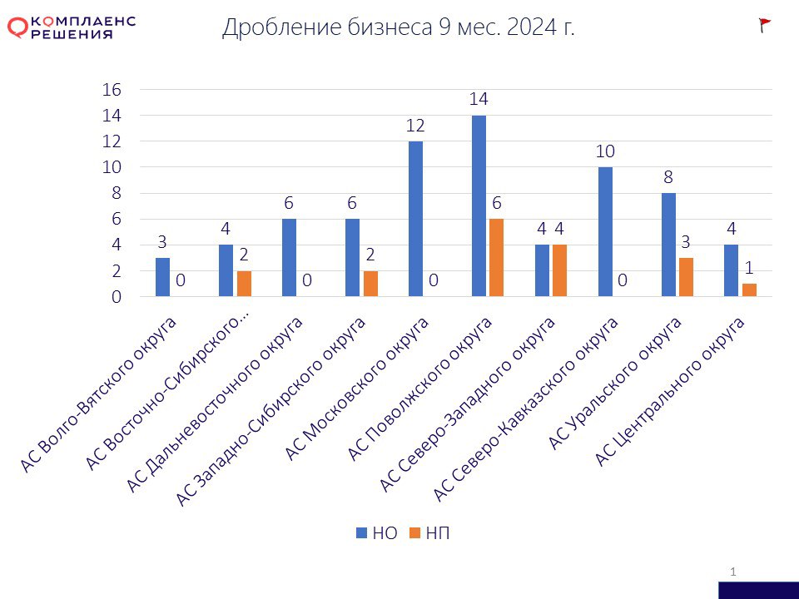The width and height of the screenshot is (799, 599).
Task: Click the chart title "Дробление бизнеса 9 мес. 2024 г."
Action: (399, 27)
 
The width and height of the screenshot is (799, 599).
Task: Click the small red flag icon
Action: (765, 25)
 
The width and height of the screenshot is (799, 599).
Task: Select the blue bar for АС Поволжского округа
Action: (479, 205)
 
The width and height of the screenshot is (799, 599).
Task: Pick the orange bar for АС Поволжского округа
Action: (496, 258)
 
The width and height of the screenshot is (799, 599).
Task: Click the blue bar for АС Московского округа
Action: (415, 219)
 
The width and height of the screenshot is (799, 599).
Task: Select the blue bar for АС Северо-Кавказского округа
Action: (605, 231)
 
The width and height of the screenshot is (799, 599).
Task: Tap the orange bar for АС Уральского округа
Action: (686, 277)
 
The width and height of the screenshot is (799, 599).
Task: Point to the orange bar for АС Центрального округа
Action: (749, 290)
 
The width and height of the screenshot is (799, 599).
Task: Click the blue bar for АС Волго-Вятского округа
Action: (162, 277)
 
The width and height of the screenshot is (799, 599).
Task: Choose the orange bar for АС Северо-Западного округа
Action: (559, 270)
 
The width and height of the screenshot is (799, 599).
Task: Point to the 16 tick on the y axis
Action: (112, 90)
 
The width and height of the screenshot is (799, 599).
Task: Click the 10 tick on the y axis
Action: (112, 167)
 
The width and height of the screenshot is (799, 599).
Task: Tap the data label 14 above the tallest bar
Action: (479, 99)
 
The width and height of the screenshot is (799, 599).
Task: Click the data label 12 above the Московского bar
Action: (415, 126)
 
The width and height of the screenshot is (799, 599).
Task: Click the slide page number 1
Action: (733, 571)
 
